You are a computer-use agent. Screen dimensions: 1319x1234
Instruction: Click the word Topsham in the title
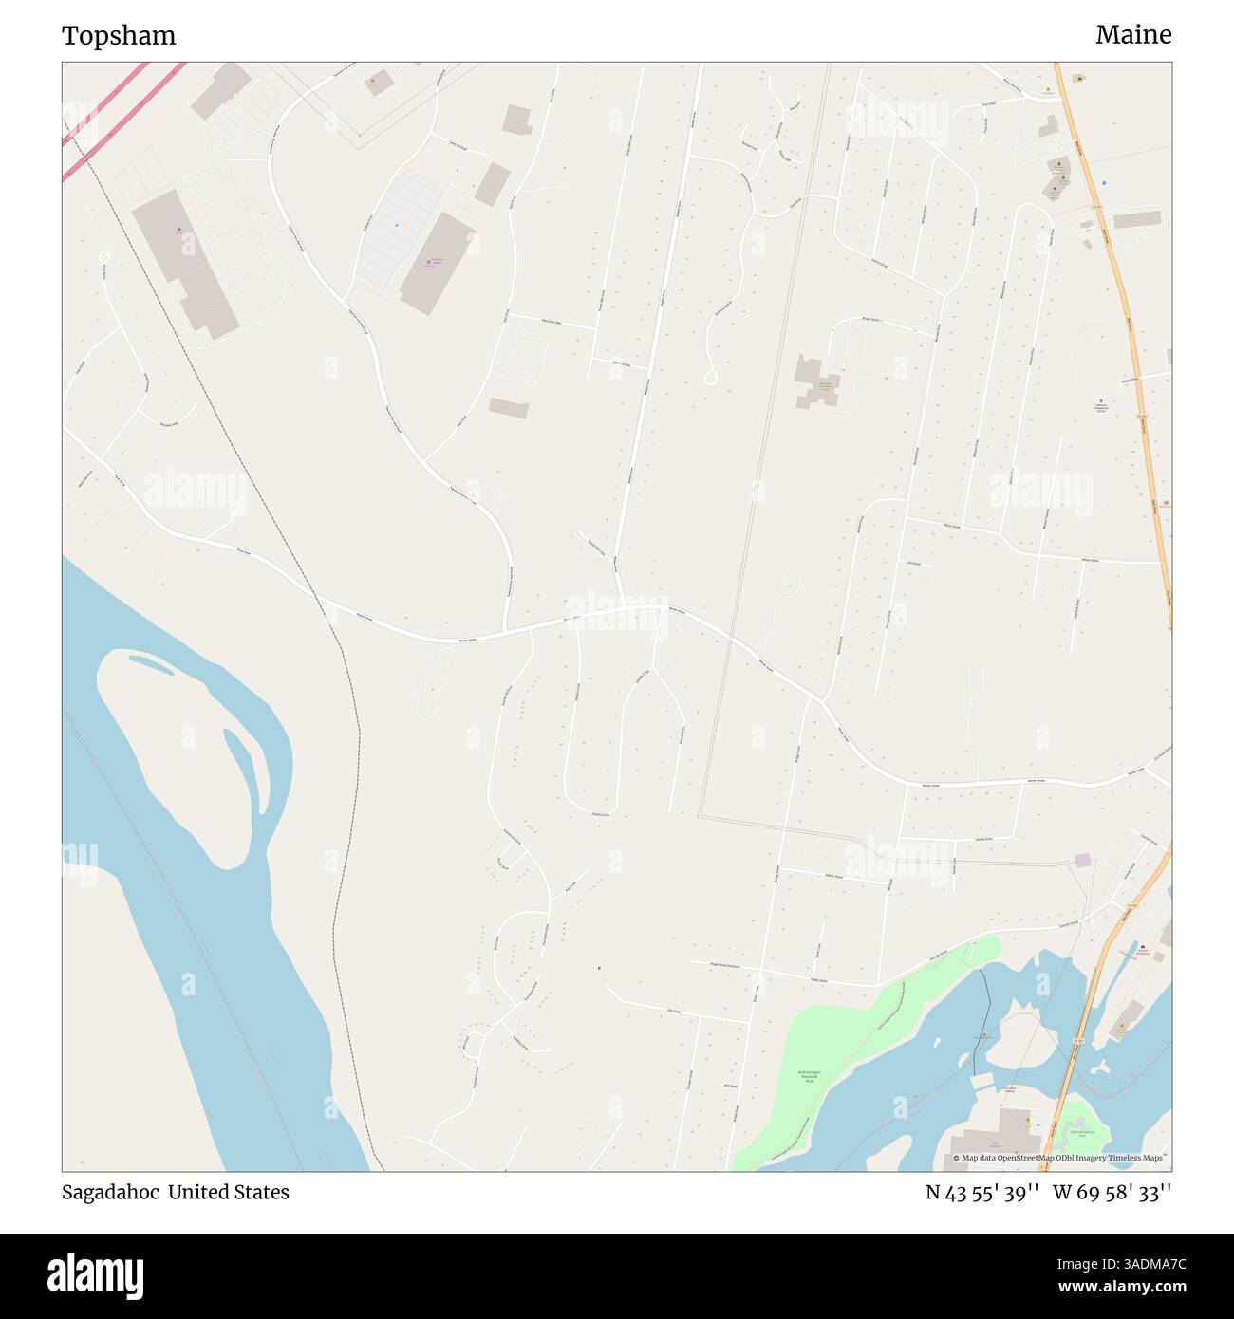(119, 36)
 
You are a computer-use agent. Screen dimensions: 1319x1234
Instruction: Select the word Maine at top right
(1132, 35)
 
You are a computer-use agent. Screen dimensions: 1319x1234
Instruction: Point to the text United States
(229, 1192)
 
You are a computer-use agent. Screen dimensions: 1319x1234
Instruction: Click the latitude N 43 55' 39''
(982, 1192)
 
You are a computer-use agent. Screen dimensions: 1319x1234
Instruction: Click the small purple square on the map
(1082, 860)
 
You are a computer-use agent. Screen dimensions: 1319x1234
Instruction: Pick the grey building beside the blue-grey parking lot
(437, 263)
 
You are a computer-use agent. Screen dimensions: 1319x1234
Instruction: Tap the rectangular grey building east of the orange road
(1137, 220)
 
